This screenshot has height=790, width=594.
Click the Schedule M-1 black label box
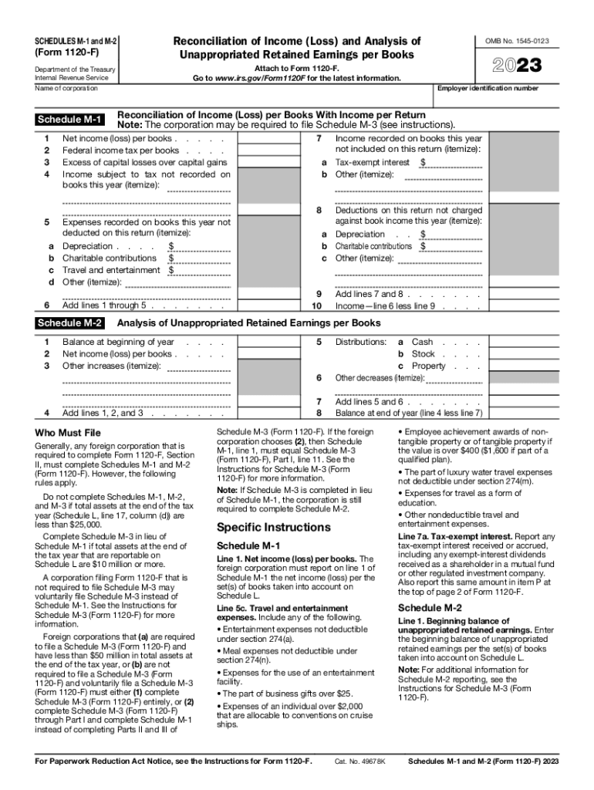tap(70, 120)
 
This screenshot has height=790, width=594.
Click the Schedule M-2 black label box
tap(70, 323)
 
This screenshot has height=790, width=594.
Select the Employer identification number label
tap(488, 89)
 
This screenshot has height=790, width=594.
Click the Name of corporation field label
tap(67, 89)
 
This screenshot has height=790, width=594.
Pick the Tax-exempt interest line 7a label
tap(373, 163)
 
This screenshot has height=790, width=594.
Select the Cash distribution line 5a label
tap(422, 342)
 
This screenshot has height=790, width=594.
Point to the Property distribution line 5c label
tap(427, 366)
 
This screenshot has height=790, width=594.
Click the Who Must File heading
tap(69, 432)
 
